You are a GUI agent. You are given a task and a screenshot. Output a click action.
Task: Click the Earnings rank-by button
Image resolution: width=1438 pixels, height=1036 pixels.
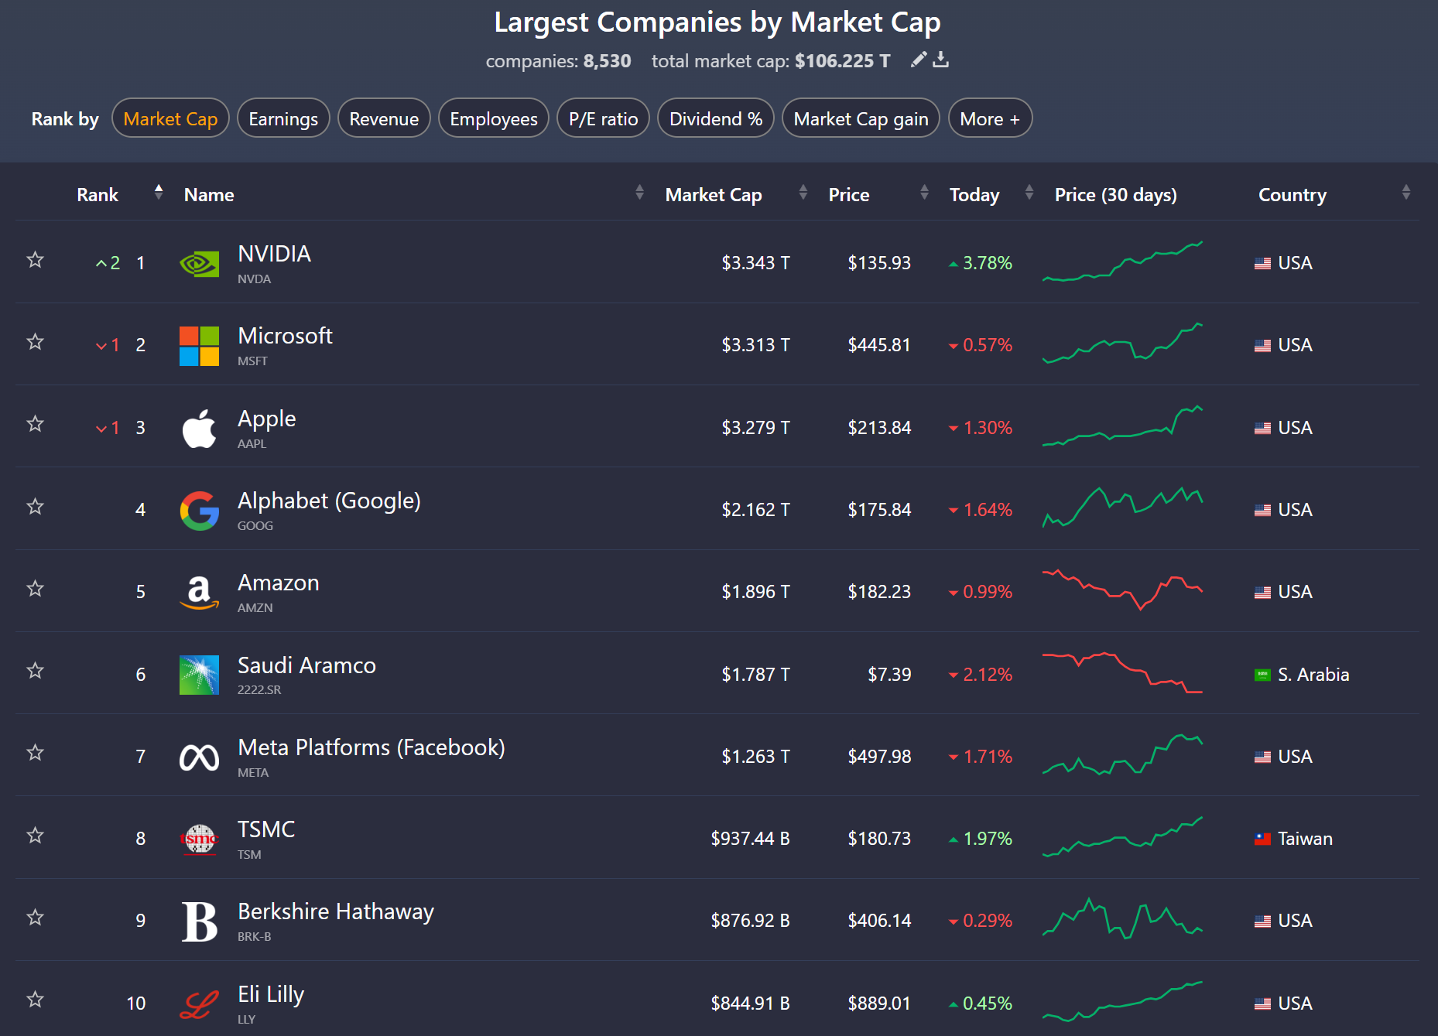(x=283, y=118)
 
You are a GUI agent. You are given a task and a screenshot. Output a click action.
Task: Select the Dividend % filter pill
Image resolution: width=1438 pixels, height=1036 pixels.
(x=716, y=118)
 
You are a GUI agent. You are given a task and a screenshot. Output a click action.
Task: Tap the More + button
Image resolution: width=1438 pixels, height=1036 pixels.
(x=990, y=118)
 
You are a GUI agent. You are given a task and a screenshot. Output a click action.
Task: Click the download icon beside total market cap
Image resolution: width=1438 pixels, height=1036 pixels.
(x=940, y=60)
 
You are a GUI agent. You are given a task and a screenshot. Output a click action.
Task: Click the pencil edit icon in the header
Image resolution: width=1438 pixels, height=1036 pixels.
(x=919, y=60)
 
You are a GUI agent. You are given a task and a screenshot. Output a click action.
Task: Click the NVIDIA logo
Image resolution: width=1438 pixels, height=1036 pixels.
(x=199, y=264)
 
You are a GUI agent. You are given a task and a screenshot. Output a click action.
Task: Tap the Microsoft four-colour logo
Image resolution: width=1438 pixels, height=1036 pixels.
(x=199, y=346)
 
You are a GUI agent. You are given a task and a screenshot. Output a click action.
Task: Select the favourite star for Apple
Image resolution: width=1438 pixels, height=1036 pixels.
(x=35, y=424)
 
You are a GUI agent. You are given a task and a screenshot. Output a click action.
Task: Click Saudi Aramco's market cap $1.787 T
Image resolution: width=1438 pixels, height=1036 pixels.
(x=755, y=674)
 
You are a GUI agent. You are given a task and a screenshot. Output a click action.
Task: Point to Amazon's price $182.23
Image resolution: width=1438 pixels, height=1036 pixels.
(x=879, y=592)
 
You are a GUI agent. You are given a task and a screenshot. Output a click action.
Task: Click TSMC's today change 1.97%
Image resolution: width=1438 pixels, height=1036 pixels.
(x=980, y=839)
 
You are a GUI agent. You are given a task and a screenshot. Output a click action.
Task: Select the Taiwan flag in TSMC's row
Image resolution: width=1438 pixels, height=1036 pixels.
(x=1262, y=839)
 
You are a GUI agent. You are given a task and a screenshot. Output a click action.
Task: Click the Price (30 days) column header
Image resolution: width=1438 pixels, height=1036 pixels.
(x=1115, y=195)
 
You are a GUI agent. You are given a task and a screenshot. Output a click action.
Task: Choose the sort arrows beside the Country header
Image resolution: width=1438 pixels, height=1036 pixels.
(x=1405, y=192)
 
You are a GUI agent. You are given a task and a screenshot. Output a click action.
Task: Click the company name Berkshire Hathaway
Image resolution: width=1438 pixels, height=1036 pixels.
(x=336, y=911)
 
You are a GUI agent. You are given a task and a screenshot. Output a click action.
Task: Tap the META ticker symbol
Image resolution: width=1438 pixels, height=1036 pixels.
(x=253, y=772)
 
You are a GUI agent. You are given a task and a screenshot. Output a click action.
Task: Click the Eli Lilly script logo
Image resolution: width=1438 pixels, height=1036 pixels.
(x=199, y=1004)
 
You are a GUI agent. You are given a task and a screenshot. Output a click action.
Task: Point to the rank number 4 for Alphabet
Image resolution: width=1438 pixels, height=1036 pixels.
(x=140, y=509)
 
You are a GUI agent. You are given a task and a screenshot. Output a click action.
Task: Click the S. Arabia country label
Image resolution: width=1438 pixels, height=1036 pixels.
(x=1313, y=675)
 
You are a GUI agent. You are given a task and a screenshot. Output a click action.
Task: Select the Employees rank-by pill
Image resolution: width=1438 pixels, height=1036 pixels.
(x=494, y=118)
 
